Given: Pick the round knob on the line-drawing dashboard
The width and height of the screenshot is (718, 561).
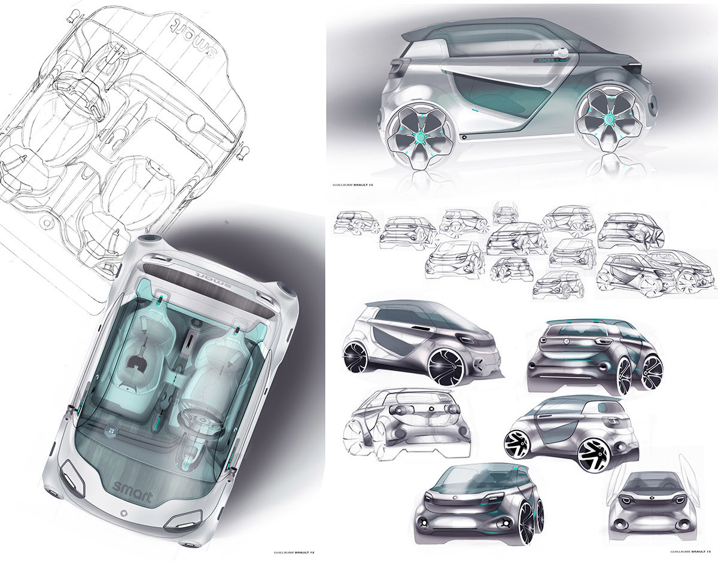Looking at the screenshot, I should [195, 124].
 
